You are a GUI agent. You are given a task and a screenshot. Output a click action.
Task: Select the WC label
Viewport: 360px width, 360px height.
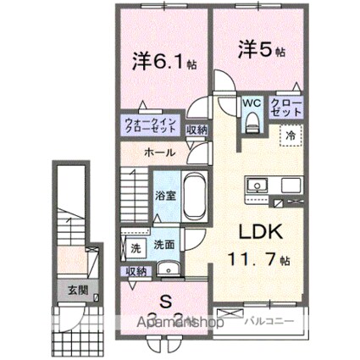[251, 102]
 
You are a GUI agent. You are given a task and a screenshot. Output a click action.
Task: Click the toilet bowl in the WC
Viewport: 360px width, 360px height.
[251, 121]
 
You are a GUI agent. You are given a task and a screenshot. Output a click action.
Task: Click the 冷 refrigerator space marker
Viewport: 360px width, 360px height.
[289, 134]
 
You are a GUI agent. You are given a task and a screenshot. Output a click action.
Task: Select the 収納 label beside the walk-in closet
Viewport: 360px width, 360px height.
[196, 130]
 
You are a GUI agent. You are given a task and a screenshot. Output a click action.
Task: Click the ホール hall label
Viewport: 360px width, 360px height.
[160, 153]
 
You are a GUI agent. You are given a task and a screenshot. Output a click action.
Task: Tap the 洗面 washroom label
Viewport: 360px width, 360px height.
[164, 245]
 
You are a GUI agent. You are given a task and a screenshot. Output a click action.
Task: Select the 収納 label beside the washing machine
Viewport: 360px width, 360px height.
[135, 271]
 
